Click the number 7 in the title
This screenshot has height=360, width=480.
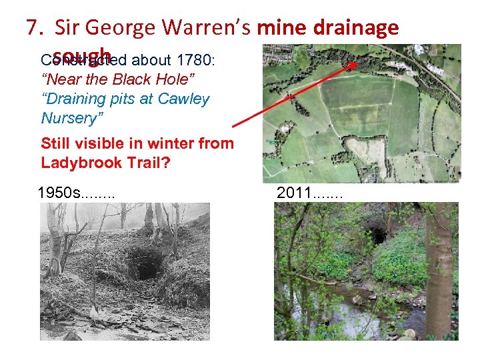[31, 28]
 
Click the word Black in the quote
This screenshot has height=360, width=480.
[133, 80]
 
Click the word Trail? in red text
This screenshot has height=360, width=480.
[147, 163]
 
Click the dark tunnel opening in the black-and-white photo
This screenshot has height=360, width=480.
[144, 267]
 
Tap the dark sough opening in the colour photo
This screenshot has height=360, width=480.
[378, 235]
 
